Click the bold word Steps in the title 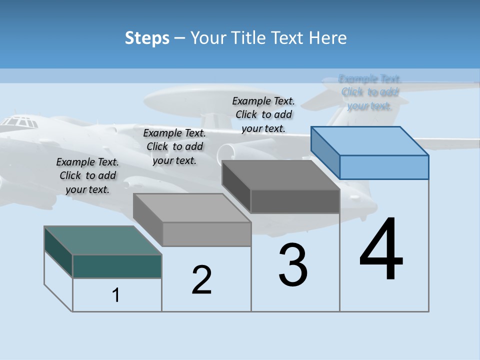pyautogui.click(x=147, y=38)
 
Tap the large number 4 pyautogui.click(x=381, y=249)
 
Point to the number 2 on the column pyautogui.click(x=202, y=280)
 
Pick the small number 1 pyautogui.click(x=116, y=295)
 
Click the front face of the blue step pyautogui.click(x=384, y=167)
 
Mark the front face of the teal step pyautogui.click(x=117, y=266)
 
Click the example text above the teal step pyautogui.click(x=87, y=175)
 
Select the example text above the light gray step pyautogui.click(x=174, y=146)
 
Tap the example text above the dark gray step pyautogui.click(x=263, y=114)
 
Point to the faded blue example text pyautogui.click(x=369, y=92)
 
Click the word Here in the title pyautogui.click(x=328, y=38)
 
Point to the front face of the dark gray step pyautogui.click(x=295, y=201)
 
